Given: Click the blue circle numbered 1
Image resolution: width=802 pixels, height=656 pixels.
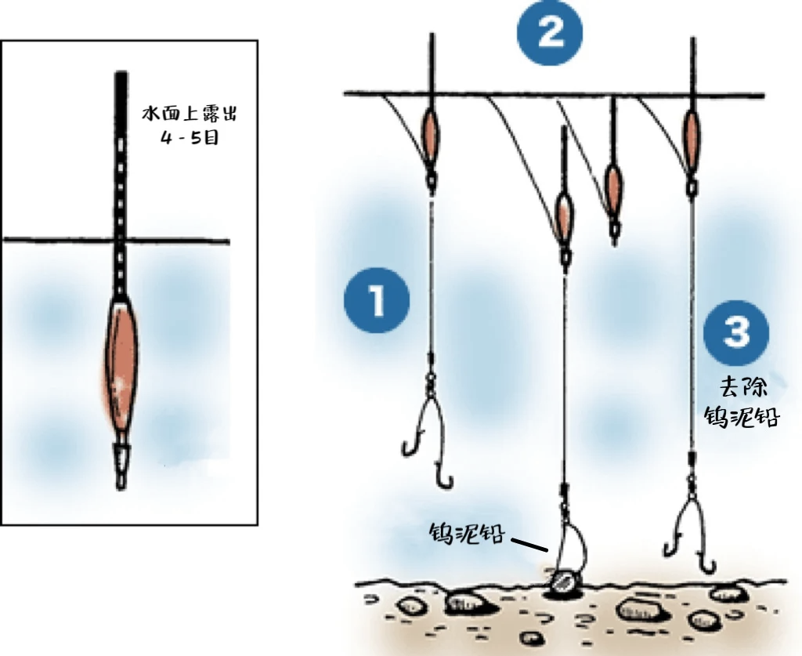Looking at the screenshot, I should pos(377,300).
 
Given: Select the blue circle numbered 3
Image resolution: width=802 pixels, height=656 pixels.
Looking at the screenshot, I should pos(735,332).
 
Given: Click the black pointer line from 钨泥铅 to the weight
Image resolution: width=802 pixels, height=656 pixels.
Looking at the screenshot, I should pos(530,543).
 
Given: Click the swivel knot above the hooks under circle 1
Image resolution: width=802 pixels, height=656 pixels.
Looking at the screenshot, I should pos(430,382).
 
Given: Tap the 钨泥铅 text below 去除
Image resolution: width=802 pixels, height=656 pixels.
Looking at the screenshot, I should pos(750,415).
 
